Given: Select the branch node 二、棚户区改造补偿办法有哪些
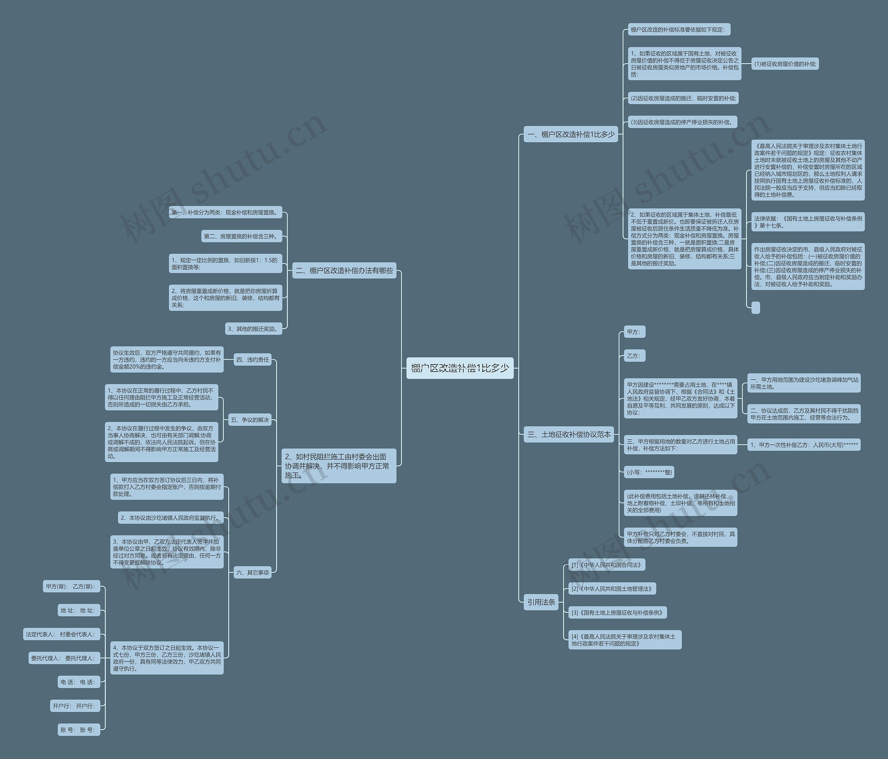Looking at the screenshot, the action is (x=344, y=271).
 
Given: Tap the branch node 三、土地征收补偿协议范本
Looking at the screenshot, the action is (x=569, y=434).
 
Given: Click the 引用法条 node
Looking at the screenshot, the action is (x=541, y=602).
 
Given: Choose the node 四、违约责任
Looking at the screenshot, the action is (x=253, y=360).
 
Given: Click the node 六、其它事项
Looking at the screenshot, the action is (x=253, y=572).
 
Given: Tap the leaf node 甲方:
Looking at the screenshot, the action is (x=633, y=332).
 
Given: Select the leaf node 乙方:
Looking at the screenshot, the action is (x=633, y=356).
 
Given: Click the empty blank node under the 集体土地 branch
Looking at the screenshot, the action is (x=755, y=307).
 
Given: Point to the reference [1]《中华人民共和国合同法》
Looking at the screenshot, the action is (x=606, y=565).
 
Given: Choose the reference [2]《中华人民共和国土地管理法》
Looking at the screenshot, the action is (x=612, y=588).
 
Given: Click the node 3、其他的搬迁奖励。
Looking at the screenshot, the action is (x=254, y=329).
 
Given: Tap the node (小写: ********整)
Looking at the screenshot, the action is (x=649, y=472).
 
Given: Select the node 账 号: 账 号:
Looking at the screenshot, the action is (x=78, y=730).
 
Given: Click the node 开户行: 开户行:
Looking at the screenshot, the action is (x=75, y=706).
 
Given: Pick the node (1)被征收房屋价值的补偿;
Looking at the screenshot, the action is (x=785, y=64).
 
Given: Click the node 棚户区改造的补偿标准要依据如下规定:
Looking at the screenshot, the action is (x=678, y=29).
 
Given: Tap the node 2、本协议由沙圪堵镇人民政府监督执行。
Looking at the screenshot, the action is (x=171, y=518).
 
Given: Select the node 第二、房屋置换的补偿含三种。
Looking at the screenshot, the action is (x=242, y=236).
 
